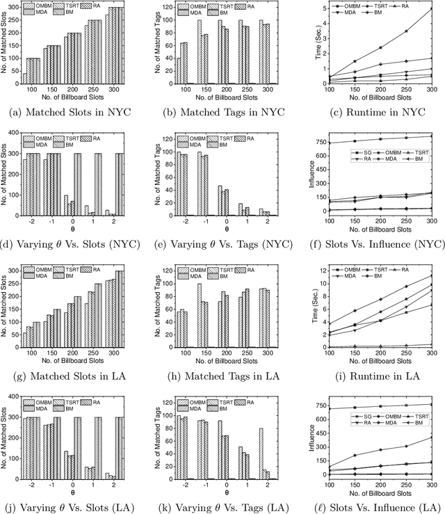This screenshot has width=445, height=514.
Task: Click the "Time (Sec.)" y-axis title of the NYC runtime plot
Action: coord(300,43)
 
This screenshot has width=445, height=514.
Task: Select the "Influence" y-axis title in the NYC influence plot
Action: coord(300,173)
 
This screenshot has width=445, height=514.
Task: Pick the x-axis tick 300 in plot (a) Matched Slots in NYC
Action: coord(116,90)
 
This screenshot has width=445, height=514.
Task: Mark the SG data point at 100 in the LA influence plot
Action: coord(327,409)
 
